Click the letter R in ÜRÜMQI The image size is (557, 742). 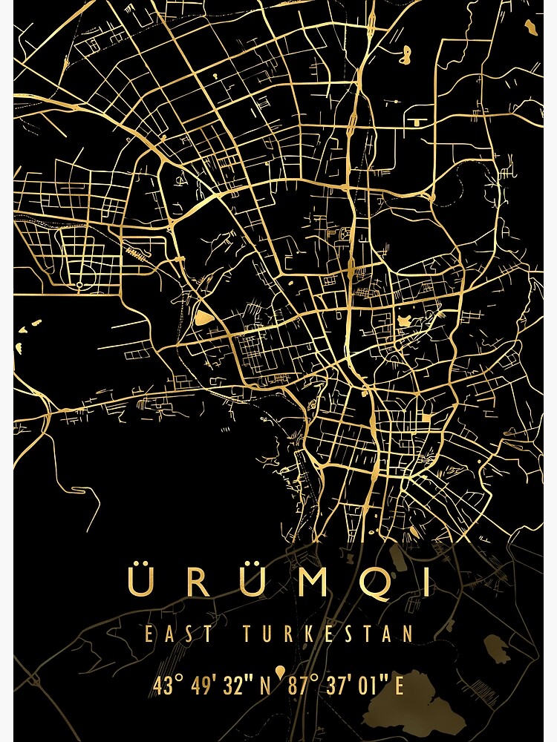point(198,582)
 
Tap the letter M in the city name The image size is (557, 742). point(315,582)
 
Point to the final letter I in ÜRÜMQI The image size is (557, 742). point(426,582)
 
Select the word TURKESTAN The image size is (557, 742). point(327,634)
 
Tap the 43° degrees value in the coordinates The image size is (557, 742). point(167,686)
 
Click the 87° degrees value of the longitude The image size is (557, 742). point(302,686)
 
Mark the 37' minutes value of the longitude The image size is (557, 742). point(338,686)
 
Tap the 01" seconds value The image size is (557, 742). point(371,686)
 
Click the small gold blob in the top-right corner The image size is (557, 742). point(530,27)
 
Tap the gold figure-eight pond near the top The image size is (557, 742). point(405,53)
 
